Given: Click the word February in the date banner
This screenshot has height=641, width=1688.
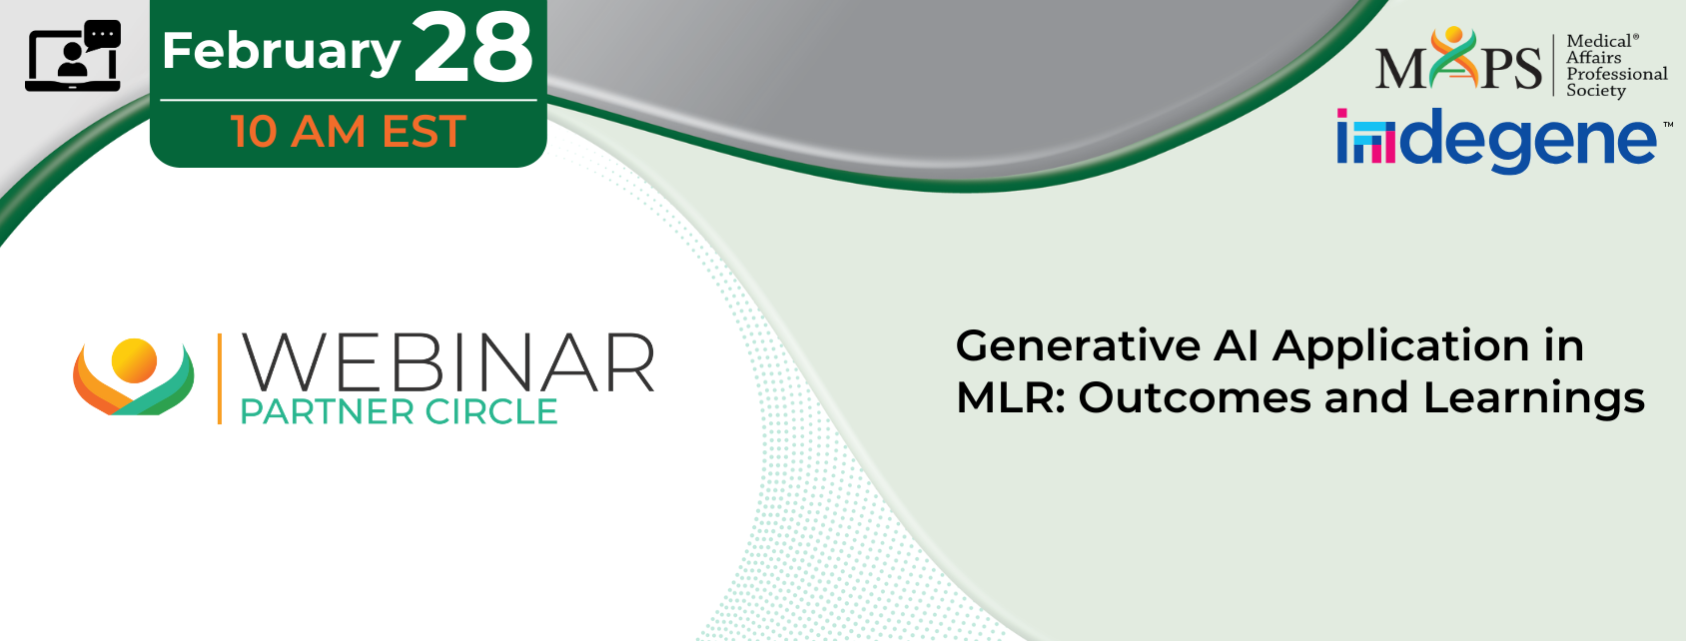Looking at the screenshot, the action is (x=281, y=51).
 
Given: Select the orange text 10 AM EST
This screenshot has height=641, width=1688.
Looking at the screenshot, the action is (x=349, y=131).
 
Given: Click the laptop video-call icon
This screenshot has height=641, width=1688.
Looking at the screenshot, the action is (x=73, y=56).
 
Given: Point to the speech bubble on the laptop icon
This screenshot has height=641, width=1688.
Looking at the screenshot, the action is (x=103, y=35).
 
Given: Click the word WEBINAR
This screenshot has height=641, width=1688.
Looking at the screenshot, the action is (x=448, y=362).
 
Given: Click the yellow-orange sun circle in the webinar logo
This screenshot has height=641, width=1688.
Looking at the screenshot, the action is (x=134, y=360).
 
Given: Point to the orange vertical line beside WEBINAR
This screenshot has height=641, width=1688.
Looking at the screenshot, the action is (x=220, y=378).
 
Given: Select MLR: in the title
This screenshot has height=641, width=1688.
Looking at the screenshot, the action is (x=1011, y=397).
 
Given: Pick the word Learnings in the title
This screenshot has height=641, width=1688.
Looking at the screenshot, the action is (x=1533, y=400).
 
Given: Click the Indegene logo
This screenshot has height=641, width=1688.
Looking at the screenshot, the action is (x=1499, y=140).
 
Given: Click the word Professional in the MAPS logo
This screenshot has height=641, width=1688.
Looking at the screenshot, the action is (x=1616, y=74).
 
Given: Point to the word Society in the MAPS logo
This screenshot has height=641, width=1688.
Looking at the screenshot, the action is (x=1595, y=91).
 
